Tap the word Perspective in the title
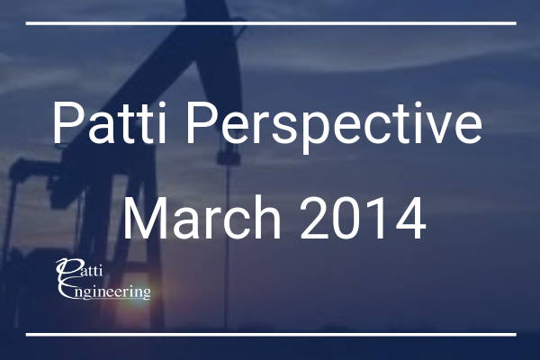tap(334, 127)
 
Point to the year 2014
tap(363, 218)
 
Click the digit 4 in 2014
tap(410, 218)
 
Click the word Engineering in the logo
tap(104, 291)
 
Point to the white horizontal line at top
tap(271, 23)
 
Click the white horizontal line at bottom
tap(271, 335)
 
